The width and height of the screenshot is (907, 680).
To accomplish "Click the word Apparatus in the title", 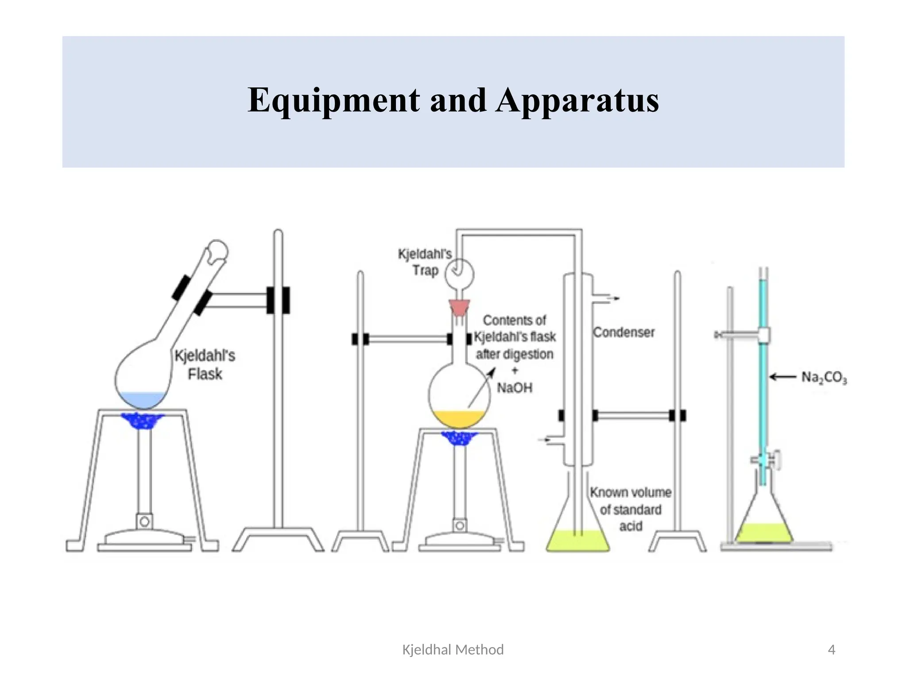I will (577, 100).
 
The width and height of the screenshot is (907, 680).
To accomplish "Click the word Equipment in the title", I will (333, 100).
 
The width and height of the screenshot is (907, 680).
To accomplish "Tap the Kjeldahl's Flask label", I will (205, 365).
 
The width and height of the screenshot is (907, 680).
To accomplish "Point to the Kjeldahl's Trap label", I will (425, 262).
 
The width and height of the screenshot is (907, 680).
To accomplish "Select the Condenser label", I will (624, 332).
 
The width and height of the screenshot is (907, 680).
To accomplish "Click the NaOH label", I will (514, 388).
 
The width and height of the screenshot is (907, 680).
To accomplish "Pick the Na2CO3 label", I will (824, 378).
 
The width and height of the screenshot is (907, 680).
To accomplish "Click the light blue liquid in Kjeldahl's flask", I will (143, 399).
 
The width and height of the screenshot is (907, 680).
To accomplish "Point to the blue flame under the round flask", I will (459, 438).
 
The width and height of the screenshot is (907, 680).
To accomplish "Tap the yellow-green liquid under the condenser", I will (577, 541).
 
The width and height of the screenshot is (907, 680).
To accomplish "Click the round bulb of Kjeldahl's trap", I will (459, 274).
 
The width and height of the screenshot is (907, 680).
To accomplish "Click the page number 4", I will (831, 650).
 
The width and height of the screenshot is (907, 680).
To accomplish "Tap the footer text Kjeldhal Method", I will (453, 650).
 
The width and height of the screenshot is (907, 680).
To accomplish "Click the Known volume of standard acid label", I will (630, 509).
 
